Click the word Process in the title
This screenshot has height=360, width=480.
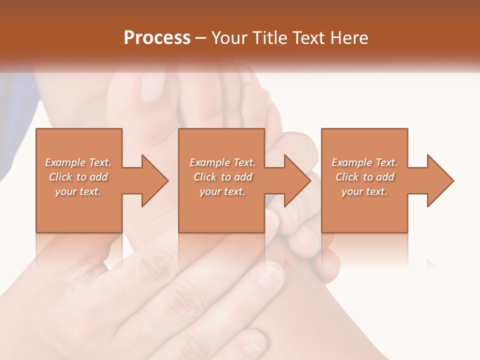(157, 37)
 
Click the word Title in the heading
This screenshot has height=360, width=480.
(270, 38)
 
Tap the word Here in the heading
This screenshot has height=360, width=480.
(350, 38)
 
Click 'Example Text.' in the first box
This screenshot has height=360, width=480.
(78, 162)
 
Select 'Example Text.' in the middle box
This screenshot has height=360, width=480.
(222, 162)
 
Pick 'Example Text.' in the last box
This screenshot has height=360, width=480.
(364, 162)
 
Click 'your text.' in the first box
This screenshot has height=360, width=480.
(78, 191)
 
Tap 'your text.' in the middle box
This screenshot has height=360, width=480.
(222, 191)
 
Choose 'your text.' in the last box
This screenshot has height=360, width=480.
(364, 191)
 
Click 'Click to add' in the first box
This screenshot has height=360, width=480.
(78, 177)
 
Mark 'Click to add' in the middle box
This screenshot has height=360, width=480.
(222, 177)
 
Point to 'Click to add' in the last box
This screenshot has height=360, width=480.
(364, 177)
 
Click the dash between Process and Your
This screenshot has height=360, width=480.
(201, 38)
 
